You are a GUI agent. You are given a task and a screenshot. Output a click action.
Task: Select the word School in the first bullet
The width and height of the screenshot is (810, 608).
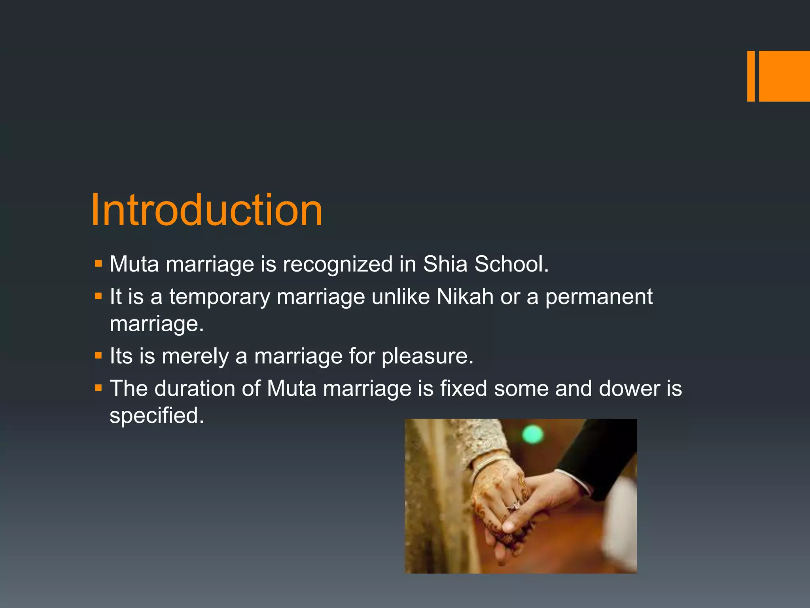tap(511, 264)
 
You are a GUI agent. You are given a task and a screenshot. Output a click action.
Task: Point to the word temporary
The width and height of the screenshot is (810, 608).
tap(220, 298)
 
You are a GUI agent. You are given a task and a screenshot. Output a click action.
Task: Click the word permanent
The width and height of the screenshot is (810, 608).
tap(599, 298)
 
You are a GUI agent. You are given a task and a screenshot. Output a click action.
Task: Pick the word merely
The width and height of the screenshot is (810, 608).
tap(195, 357)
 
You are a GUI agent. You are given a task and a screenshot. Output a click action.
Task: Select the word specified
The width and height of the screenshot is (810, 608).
tap(157, 416)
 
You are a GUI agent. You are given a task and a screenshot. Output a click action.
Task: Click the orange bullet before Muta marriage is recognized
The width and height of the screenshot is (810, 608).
tap(98, 264)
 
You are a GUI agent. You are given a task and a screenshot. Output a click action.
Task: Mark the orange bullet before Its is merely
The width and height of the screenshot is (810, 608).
tap(98, 355)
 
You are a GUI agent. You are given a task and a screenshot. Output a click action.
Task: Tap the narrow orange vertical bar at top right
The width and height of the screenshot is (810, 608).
tap(751, 76)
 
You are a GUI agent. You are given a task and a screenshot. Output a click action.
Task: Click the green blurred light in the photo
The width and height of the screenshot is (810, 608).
tap(533, 435)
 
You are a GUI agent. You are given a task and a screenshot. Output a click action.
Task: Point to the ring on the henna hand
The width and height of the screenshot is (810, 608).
tap(515, 505)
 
